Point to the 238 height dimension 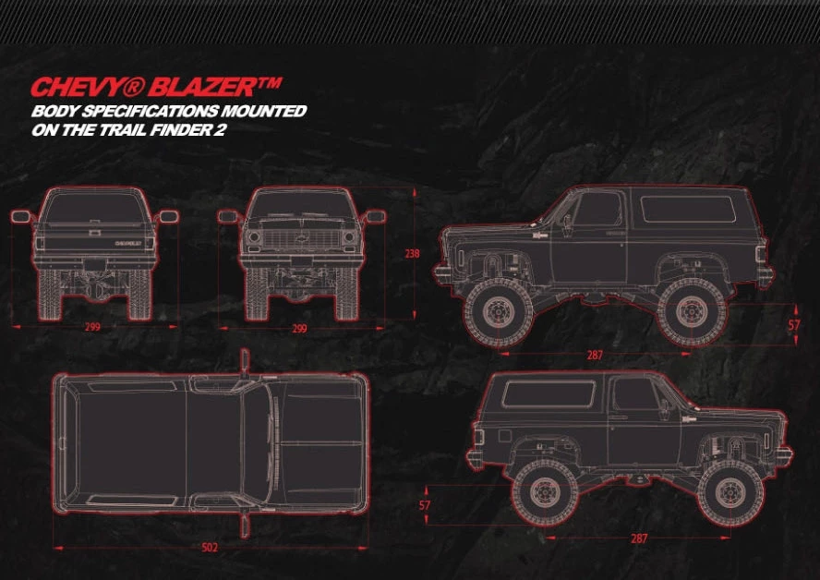[412, 252]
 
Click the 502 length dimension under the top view [210, 548]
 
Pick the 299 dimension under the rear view [92, 327]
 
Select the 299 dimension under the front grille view [300, 327]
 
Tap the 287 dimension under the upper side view [596, 354]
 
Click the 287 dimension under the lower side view [639, 538]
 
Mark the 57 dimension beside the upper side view [794, 324]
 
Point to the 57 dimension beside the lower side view [425, 505]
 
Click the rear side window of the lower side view [548, 394]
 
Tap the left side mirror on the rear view [20, 217]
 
